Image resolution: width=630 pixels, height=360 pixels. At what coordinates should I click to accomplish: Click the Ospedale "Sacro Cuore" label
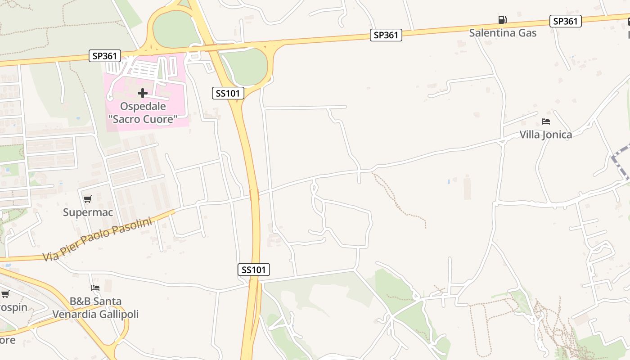(143, 113)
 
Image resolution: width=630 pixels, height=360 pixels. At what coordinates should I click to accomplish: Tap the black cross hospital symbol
(143, 93)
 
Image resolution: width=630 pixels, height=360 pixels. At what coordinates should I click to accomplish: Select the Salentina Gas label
(503, 32)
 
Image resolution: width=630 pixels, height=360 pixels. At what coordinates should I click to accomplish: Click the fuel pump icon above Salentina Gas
(502, 20)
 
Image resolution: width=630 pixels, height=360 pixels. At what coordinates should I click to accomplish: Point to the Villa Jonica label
(546, 135)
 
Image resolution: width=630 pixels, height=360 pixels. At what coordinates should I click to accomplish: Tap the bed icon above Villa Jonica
(546, 121)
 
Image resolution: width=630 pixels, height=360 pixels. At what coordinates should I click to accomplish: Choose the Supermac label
(88, 212)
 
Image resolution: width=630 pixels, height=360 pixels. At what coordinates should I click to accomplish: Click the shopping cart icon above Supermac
(87, 199)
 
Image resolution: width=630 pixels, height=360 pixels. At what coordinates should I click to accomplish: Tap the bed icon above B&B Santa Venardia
(95, 288)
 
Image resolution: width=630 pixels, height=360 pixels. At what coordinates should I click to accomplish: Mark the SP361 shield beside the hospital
(105, 56)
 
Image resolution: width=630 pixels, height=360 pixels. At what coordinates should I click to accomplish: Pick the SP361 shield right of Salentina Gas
(565, 21)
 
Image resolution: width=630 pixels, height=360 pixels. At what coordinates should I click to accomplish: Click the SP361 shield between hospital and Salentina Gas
(386, 35)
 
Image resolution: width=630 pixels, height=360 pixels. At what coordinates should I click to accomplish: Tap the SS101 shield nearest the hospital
(228, 93)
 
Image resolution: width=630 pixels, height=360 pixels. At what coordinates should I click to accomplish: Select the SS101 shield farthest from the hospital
(254, 270)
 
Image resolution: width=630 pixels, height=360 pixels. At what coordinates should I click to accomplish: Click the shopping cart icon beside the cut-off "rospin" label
(5, 294)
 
